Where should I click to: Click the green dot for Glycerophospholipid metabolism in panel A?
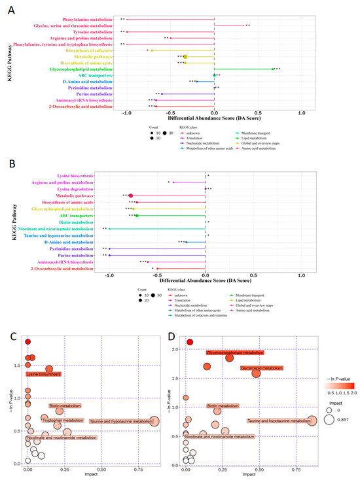[272, 69]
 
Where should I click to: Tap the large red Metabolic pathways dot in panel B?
[130, 196]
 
